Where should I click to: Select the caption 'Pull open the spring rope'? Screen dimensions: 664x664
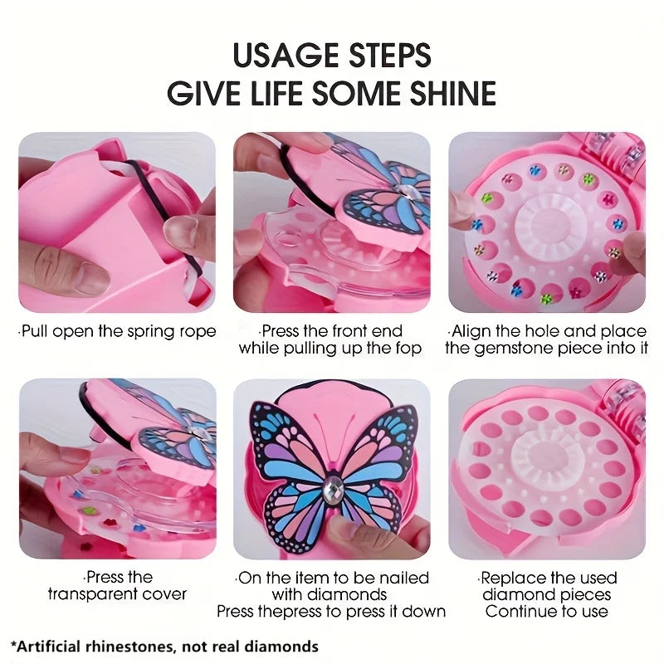[119, 332]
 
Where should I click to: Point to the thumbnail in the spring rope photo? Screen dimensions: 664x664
[83, 278]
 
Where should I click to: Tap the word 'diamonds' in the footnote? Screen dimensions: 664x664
[287, 646]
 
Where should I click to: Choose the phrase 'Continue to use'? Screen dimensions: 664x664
[547, 612]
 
